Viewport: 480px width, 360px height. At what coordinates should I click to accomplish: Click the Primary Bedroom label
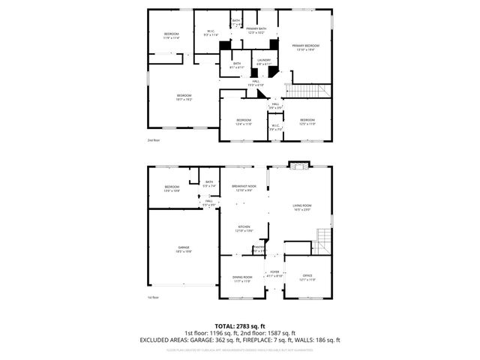(x=306, y=48)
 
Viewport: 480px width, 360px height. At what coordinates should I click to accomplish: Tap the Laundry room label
(x=263, y=61)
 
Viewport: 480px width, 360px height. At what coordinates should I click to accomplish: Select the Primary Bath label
(x=256, y=31)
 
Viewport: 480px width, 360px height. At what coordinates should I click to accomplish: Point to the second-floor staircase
(x=308, y=91)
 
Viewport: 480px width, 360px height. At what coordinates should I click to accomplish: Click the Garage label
(x=184, y=249)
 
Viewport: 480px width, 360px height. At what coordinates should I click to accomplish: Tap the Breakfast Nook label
(x=244, y=187)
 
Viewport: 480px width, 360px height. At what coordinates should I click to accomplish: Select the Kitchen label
(x=244, y=229)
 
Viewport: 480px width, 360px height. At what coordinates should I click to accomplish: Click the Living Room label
(x=301, y=207)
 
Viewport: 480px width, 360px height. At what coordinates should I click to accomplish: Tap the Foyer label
(x=274, y=275)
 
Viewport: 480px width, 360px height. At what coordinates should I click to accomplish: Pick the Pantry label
(x=259, y=249)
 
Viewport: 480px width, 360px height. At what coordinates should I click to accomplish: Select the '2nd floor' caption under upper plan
(x=154, y=140)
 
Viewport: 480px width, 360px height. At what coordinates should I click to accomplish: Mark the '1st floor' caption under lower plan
(x=153, y=298)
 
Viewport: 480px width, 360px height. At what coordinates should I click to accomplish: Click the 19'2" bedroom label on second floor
(x=184, y=97)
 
